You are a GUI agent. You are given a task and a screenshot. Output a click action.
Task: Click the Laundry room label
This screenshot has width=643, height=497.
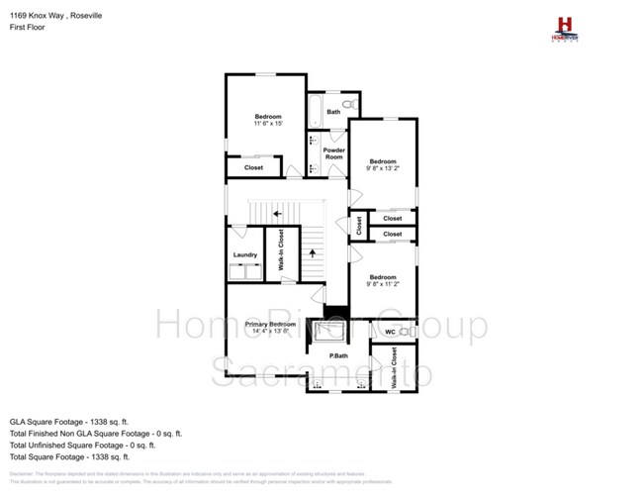(x=245, y=254)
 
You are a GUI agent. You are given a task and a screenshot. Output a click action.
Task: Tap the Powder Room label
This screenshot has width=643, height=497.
(x=333, y=153)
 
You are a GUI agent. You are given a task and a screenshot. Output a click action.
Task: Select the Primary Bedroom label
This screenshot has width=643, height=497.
(x=269, y=324)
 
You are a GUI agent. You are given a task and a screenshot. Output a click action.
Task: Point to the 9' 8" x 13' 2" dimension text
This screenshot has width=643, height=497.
(x=383, y=168)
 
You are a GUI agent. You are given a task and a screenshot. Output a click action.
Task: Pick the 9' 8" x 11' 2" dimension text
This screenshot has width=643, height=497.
(x=383, y=284)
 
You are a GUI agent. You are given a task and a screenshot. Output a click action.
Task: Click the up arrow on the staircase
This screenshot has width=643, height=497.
(x=313, y=252)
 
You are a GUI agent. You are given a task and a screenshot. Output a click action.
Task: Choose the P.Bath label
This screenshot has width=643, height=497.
(x=338, y=355)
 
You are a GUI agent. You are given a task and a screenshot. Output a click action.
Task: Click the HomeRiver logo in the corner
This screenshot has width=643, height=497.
(x=564, y=27)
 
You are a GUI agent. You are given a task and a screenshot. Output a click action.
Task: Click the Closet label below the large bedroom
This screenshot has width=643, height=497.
(x=254, y=167)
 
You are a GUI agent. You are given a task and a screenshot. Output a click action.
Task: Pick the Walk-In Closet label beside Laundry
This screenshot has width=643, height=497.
(x=281, y=250)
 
